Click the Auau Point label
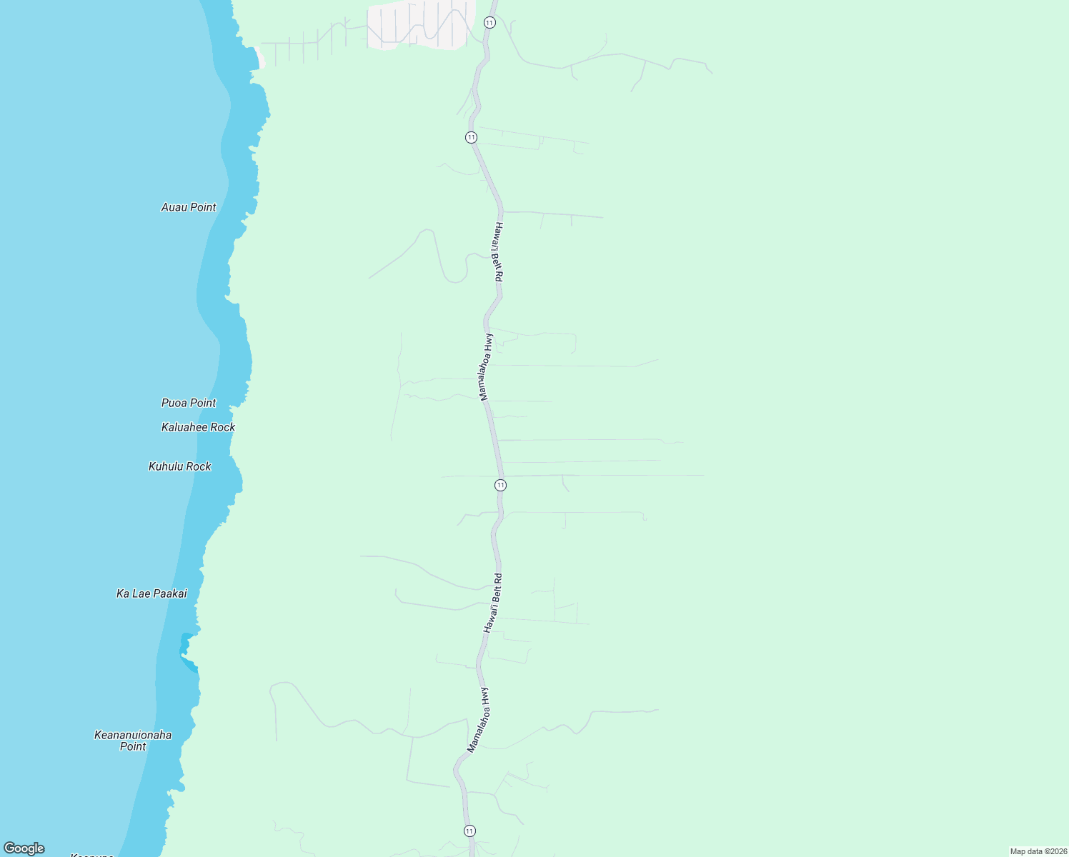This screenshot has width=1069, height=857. [189, 207]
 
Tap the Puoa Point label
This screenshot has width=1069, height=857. [189, 403]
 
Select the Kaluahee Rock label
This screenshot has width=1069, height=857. [198, 427]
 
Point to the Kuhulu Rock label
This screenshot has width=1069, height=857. [180, 466]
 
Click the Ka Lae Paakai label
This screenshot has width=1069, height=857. [151, 593]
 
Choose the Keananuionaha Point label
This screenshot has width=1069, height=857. [133, 740]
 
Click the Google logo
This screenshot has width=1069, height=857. [24, 848]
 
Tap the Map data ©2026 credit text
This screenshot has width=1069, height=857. [1038, 851]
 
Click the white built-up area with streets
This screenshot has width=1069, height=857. [422, 24]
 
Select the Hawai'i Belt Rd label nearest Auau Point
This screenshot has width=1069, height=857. [499, 251]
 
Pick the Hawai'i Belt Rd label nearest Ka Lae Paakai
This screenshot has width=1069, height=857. [493, 603]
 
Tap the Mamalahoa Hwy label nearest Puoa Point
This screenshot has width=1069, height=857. [485, 367]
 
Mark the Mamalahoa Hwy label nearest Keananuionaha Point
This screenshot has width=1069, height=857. [477, 720]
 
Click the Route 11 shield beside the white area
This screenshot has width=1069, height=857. [489, 23]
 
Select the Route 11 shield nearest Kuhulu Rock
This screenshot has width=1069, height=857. [500, 485]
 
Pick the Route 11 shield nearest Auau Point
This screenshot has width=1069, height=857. [471, 137]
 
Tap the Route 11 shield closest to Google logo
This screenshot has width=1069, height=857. [469, 831]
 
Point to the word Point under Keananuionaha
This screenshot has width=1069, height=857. [133, 746]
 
